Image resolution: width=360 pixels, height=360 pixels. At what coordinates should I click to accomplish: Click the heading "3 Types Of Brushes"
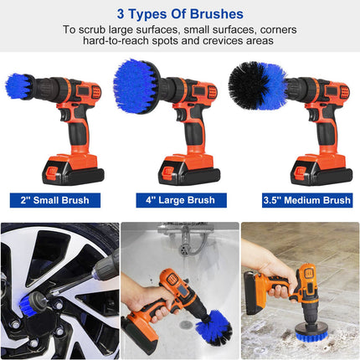point(180,14)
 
